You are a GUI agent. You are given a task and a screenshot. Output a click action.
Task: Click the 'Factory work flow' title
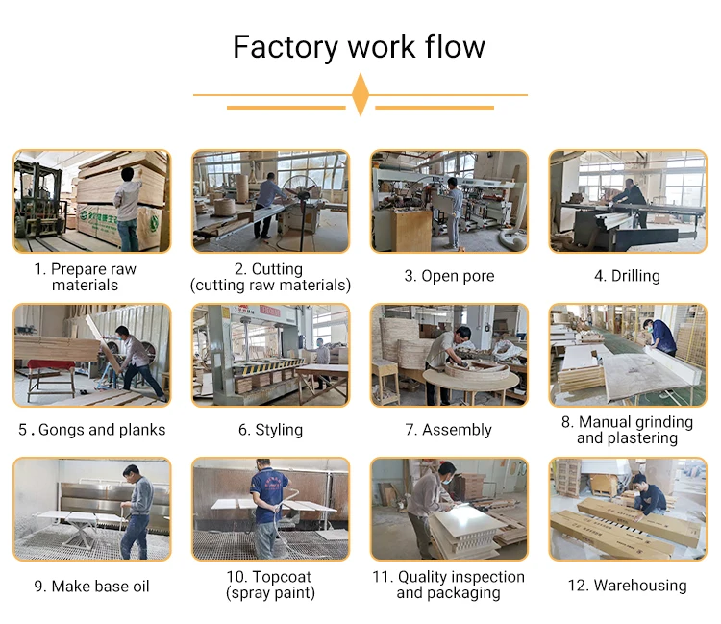pyautogui.click(x=360, y=47)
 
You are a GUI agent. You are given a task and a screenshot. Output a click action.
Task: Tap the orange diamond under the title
pyautogui.click(x=360, y=94)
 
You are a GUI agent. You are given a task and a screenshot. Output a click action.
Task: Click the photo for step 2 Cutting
pyautogui.click(x=270, y=201)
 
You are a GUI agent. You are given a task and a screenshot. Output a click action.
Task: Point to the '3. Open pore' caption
pyautogui.click(x=449, y=276)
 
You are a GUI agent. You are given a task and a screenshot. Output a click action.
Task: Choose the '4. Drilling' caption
pyautogui.click(x=627, y=276)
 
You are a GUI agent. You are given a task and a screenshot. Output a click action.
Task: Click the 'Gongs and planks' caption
pyautogui.click(x=92, y=430)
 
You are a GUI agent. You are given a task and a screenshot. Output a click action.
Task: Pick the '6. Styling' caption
pyautogui.click(x=270, y=430)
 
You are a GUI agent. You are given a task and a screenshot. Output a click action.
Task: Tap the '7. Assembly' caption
pyautogui.click(x=449, y=430)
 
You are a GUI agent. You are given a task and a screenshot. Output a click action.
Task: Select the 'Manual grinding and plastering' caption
pyautogui.click(x=627, y=430)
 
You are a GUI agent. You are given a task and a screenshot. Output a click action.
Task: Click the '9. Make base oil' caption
pyautogui.click(x=92, y=586)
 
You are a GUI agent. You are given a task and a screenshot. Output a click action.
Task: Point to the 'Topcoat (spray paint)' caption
pyautogui.click(x=270, y=585)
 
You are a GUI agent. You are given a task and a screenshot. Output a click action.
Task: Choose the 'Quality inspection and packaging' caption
pyautogui.click(x=449, y=585)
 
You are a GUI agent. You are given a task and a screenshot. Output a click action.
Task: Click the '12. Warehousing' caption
pyautogui.click(x=627, y=586)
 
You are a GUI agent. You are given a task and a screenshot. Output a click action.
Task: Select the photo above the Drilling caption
pyautogui.click(x=627, y=201)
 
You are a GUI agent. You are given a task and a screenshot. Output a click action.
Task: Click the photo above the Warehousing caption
pyautogui.click(x=627, y=509)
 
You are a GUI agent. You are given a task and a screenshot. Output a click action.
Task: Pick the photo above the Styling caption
pyautogui.click(x=270, y=355)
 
